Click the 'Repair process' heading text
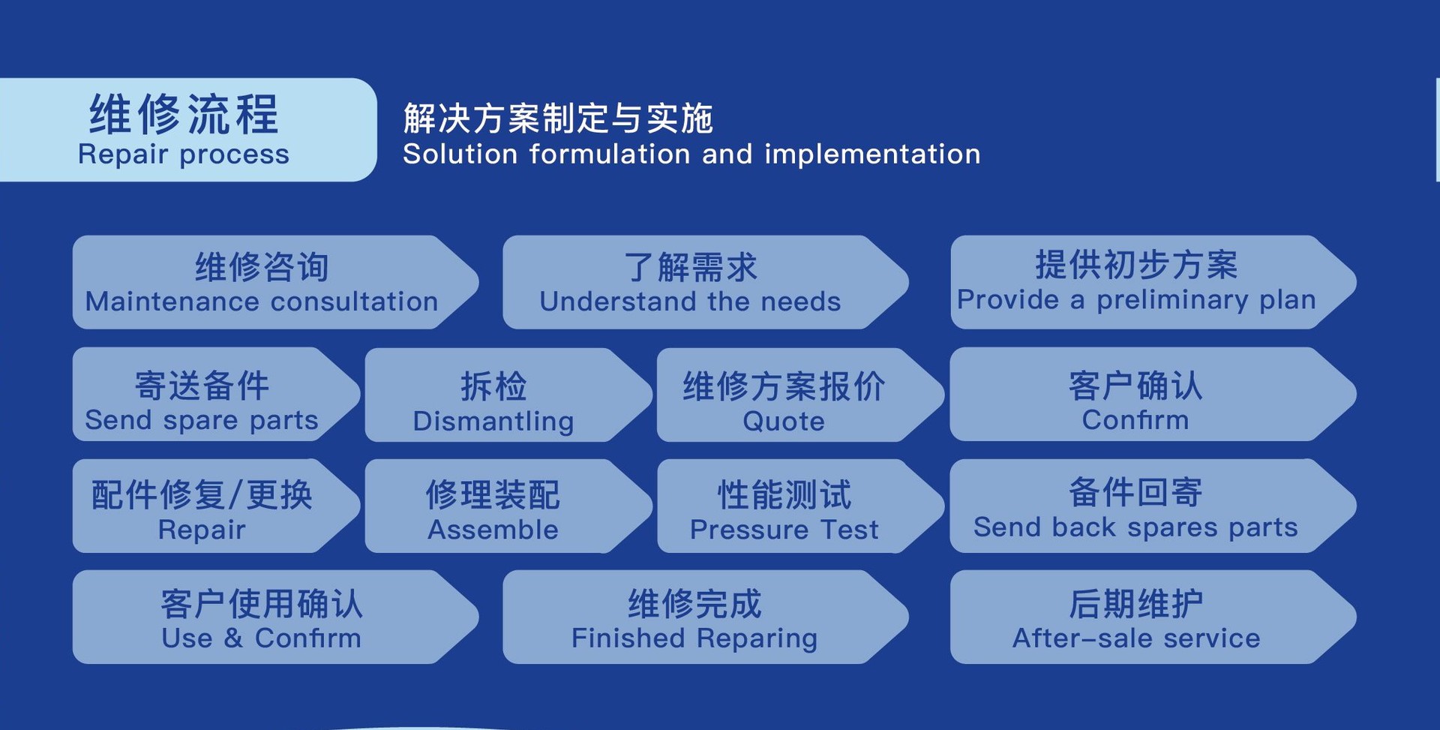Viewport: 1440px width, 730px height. tap(184, 155)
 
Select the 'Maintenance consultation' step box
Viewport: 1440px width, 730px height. tap(275, 282)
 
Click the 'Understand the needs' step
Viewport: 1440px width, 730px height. tap(706, 282)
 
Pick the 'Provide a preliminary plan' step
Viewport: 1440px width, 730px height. tap(1153, 282)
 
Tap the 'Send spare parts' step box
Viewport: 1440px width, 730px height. tap(217, 394)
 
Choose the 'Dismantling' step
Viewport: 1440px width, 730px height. tap(508, 395)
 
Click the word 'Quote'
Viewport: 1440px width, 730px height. tap(784, 422)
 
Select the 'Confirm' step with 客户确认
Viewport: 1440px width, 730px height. tap(1153, 394)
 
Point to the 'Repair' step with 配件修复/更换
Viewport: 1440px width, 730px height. tap(217, 506)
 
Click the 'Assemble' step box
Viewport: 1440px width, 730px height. tap(508, 506)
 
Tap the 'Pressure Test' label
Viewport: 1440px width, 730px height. tap(784, 530)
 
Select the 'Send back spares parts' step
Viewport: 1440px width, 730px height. tap(1153, 506)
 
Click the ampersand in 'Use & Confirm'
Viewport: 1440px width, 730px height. tap(233, 638)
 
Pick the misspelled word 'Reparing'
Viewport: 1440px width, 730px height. tap(757, 638)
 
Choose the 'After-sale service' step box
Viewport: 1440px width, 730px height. tap(1153, 617)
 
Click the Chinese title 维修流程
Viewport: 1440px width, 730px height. tap(184, 114)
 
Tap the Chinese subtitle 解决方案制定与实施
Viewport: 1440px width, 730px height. tap(558, 119)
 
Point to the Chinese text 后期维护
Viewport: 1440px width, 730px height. tap(1135, 603)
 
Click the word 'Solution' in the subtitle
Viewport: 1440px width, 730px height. tap(460, 155)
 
